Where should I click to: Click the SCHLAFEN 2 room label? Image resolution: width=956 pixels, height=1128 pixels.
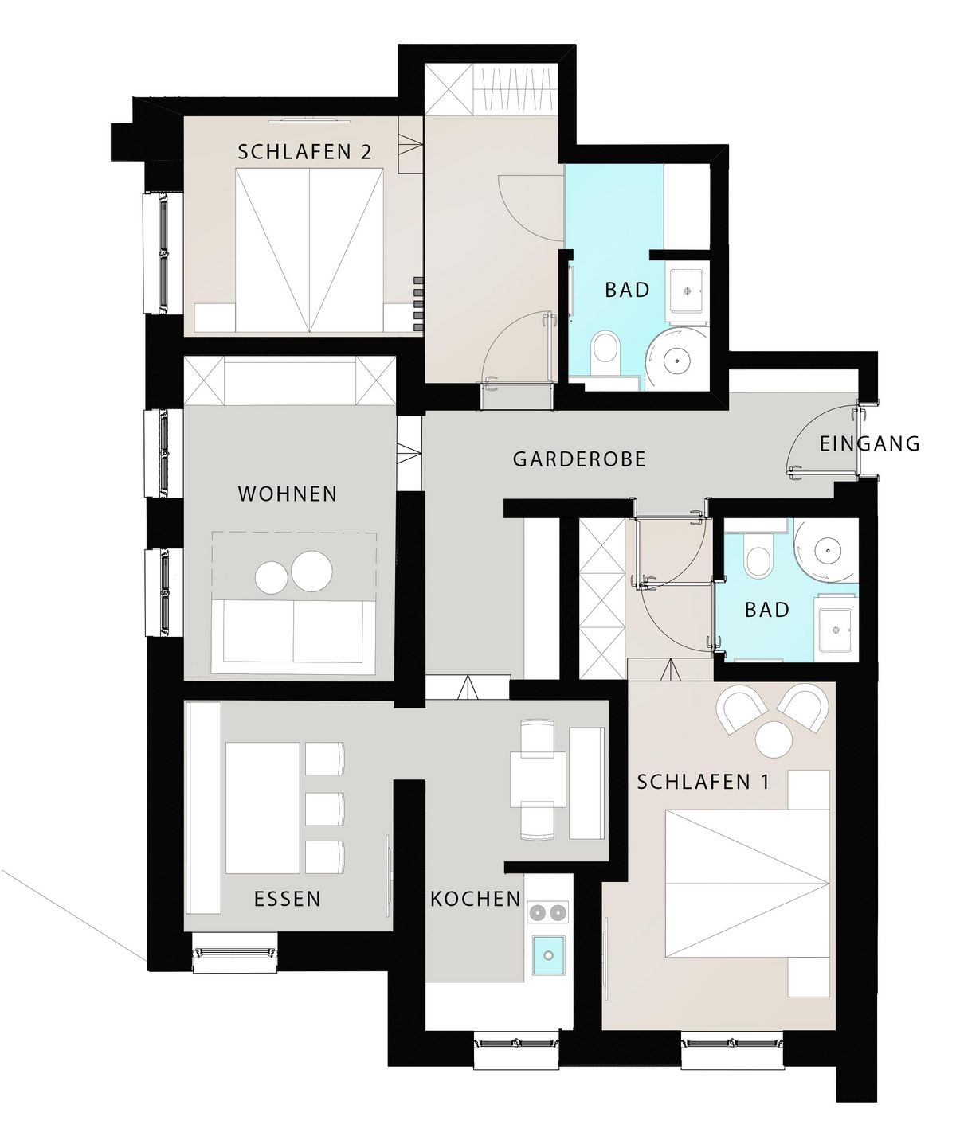pos(304,152)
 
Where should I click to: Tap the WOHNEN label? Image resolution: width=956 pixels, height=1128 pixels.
pos(288,494)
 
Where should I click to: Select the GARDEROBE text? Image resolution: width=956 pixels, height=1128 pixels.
pos(579,459)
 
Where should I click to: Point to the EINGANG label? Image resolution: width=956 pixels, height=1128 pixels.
pos(870,443)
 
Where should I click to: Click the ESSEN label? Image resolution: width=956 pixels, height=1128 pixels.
pos(288,898)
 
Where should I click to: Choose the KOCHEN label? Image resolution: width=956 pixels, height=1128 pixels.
pos(476,898)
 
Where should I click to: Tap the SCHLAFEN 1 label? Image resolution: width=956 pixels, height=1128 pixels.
pos(703,782)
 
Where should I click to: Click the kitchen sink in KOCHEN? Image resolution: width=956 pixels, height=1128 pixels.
pos(548,954)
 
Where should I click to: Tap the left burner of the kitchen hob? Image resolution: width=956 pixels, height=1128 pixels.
pos(538,912)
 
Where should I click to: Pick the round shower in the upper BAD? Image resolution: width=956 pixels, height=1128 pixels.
pos(677,359)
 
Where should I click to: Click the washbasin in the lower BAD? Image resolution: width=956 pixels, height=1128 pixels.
pos(835,630)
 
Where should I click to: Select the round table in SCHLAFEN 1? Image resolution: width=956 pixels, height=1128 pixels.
pos(774,739)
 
